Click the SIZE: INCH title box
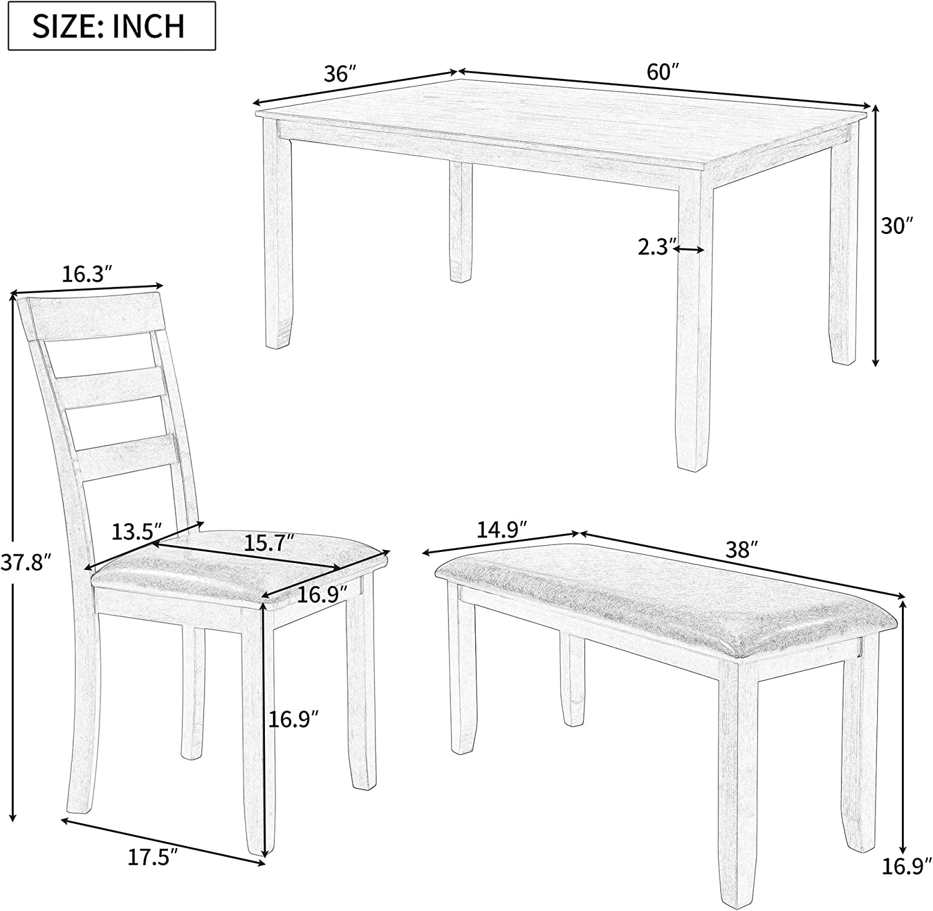click(x=108, y=26)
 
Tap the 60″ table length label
click(x=661, y=72)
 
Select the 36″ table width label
click(x=339, y=74)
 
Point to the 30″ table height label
click(x=896, y=226)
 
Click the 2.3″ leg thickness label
click(x=654, y=248)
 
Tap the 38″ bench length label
click(x=742, y=549)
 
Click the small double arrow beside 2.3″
click(x=689, y=250)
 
